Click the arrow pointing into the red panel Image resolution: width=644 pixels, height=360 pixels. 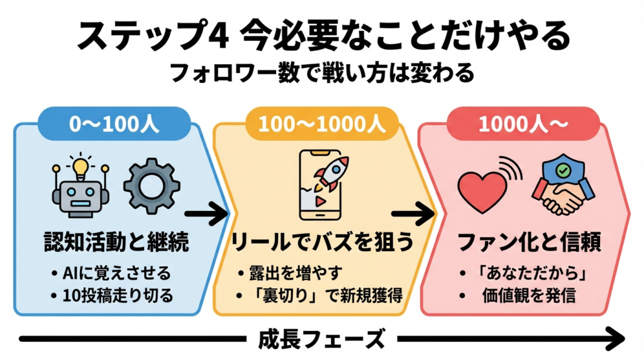412,215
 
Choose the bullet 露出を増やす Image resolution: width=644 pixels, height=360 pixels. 291,274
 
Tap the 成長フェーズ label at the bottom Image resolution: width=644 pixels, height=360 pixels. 321,340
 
